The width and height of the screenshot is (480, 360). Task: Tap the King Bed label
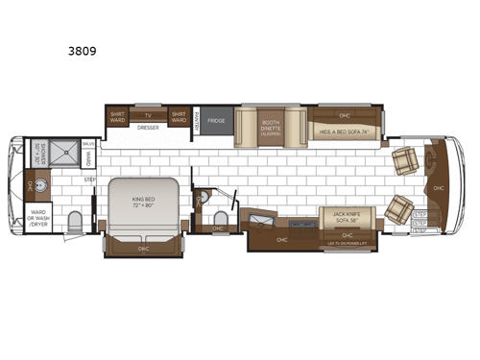143,202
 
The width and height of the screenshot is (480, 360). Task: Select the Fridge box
216,122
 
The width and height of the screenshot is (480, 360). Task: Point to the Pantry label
195,122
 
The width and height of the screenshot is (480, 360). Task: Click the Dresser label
147,127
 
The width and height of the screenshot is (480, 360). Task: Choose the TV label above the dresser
147,113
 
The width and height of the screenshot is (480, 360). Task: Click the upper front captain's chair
405,159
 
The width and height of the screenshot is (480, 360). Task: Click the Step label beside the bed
90,179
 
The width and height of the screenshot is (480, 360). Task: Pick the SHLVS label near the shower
87,144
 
